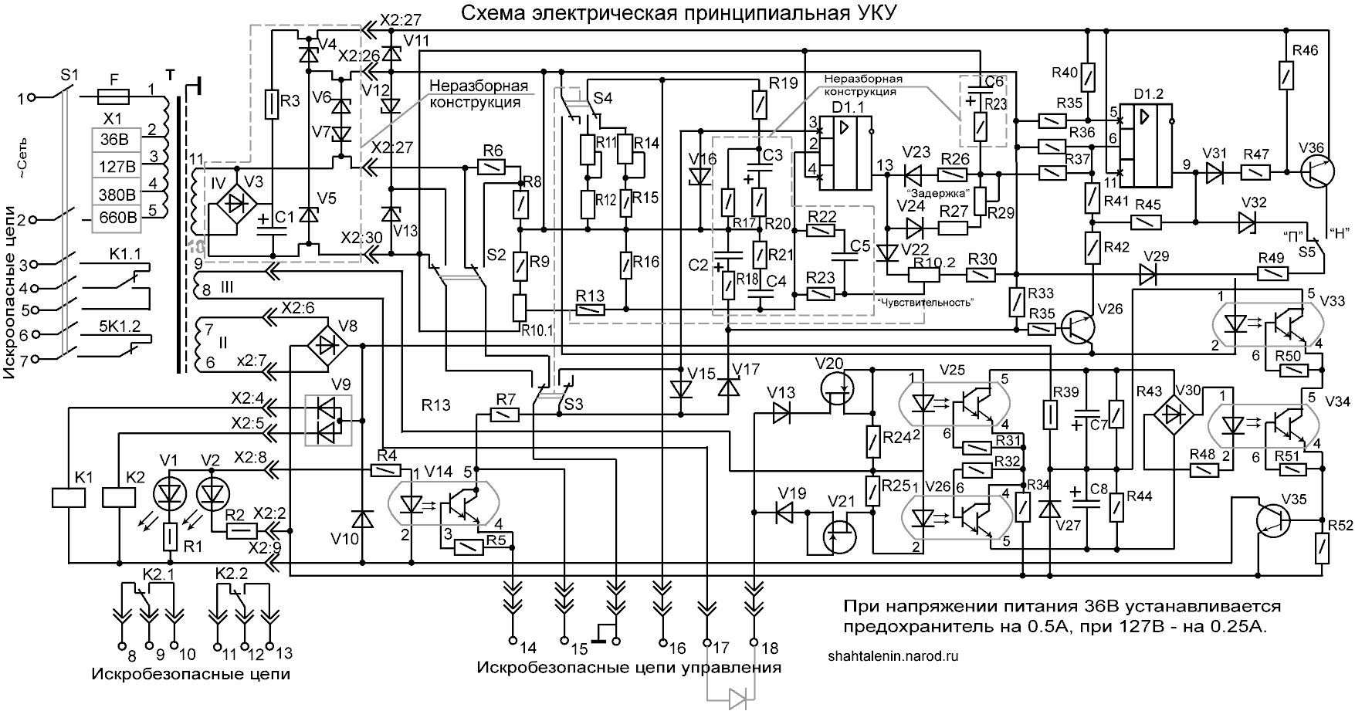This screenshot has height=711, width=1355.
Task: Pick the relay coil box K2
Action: pos(119,497)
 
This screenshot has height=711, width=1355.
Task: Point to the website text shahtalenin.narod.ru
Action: pos(892,655)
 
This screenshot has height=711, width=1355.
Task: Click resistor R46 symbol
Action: pos(1287,77)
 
